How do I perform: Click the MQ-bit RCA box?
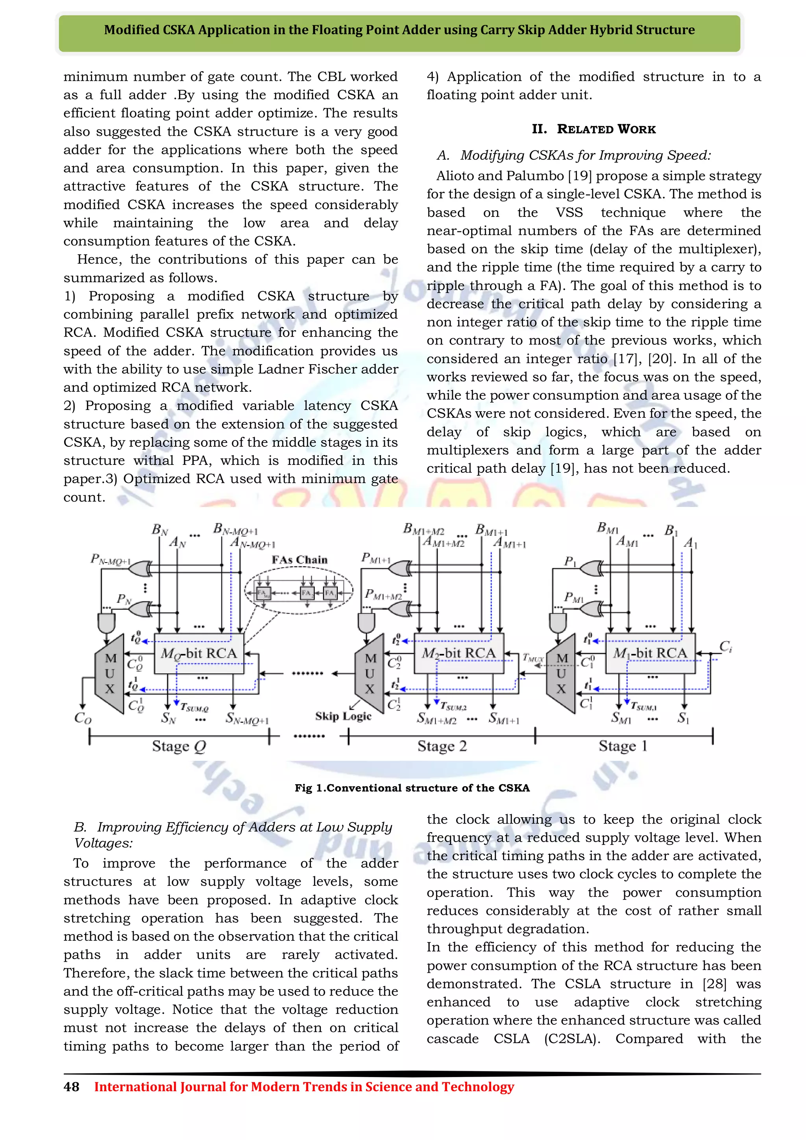pyautogui.click(x=199, y=653)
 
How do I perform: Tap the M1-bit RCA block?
pyautogui.click(x=650, y=653)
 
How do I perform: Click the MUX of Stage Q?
pyautogui.click(x=110, y=674)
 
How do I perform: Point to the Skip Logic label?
pyautogui.click(x=343, y=716)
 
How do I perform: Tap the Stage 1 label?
pyautogui.click(x=623, y=746)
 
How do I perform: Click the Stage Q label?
pyautogui.click(x=179, y=746)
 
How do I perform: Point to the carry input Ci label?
pyautogui.click(x=726, y=646)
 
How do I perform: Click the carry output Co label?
pyautogui.click(x=82, y=718)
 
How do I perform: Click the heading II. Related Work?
pyautogui.click(x=593, y=129)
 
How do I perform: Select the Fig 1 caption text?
pyautogui.click(x=412, y=788)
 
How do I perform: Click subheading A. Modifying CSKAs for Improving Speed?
pyautogui.click(x=574, y=155)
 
